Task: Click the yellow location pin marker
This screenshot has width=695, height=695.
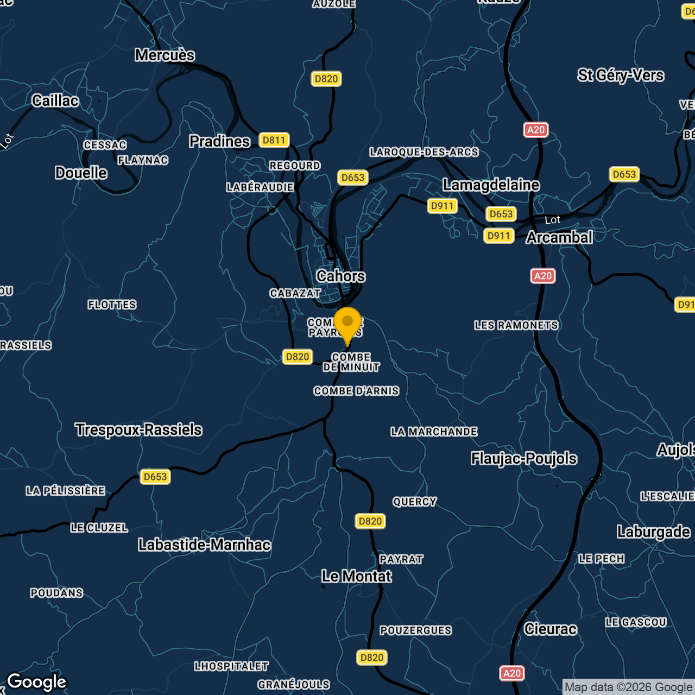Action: click(347, 324)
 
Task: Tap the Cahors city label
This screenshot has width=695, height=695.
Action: click(341, 276)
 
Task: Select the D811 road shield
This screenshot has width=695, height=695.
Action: click(274, 140)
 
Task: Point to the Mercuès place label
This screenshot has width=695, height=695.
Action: click(165, 55)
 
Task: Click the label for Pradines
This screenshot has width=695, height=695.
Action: click(219, 141)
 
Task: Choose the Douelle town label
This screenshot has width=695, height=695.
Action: click(81, 173)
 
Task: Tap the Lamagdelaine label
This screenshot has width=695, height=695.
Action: click(491, 185)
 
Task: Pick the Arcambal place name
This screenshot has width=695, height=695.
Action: click(559, 237)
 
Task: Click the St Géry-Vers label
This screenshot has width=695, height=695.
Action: click(621, 75)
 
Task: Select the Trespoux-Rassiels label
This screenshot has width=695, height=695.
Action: click(138, 429)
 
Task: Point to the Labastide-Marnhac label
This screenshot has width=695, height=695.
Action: click(204, 545)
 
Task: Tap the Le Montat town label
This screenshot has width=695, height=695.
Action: click(356, 576)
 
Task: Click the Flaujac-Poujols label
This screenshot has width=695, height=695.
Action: click(523, 458)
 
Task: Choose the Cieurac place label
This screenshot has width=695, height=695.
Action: click(550, 629)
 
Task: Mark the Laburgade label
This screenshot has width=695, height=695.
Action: click(653, 532)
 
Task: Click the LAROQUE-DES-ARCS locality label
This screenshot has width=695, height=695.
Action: click(424, 152)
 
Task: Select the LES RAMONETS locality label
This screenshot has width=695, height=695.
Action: click(516, 325)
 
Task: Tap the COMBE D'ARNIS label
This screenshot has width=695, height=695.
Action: click(356, 391)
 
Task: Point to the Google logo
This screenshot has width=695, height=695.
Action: click(36, 682)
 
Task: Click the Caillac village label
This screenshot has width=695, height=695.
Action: click(55, 100)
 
